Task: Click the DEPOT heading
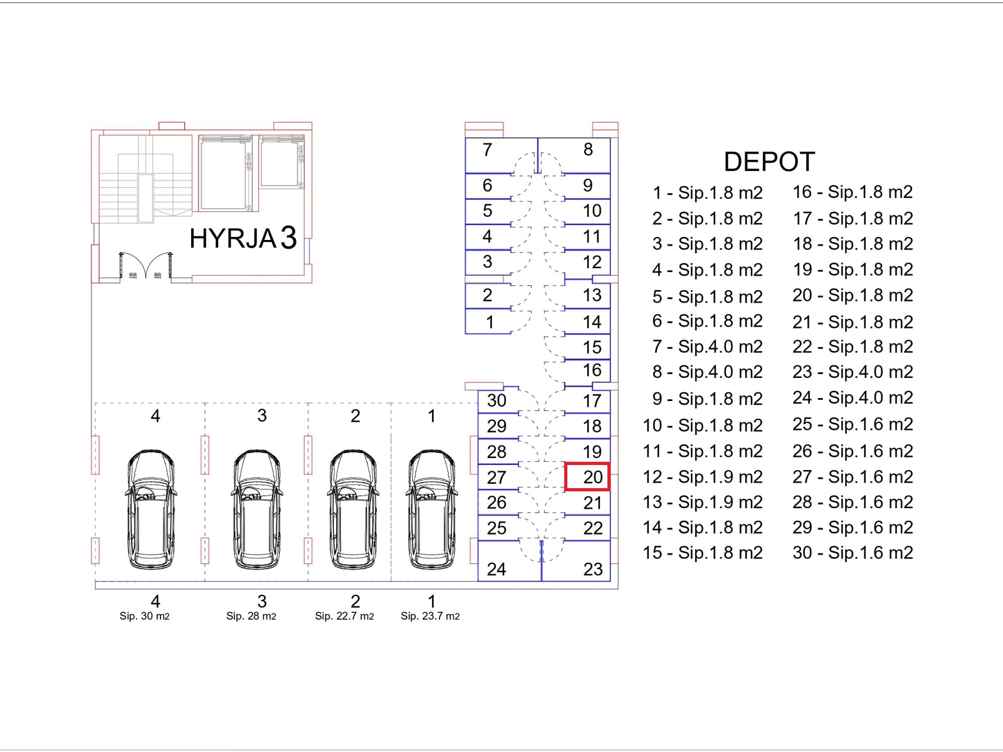(x=769, y=162)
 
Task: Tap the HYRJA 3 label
(x=243, y=238)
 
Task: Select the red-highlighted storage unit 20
(x=587, y=477)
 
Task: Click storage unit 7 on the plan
(x=501, y=155)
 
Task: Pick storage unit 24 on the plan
(x=510, y=561)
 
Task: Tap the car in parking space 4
(x=151, y=509)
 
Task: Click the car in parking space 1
(x=431, y=509)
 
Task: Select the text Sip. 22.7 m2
(x=344, y=616)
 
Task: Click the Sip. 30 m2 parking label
(x=144, y=616)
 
